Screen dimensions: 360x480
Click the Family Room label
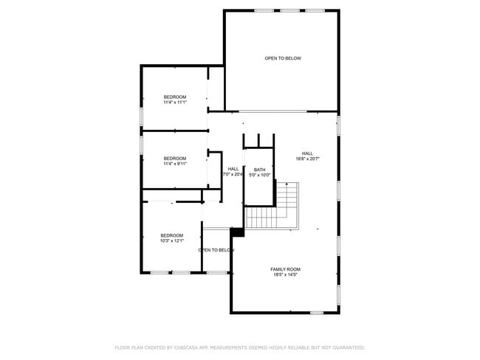tap(285, 269)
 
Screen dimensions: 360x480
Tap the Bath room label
tap(259, 170)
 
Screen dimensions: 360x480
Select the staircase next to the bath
tap(273, 210)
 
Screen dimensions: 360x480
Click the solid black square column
tap(237, 232)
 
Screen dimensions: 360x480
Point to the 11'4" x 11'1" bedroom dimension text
tap(175, 103)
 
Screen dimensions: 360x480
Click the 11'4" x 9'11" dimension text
tap(175, 164)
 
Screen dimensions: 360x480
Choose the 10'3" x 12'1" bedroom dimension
tap(171, 240)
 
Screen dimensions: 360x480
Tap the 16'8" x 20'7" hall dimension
tap(307, 159)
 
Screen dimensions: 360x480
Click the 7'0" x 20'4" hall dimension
tap(233, 175)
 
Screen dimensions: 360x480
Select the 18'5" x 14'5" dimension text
tap(285, 275)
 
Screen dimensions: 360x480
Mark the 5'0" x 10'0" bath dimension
tap(259, 175)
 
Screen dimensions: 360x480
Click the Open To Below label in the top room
tap(283, 58)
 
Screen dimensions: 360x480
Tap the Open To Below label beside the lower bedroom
tap(216, 250)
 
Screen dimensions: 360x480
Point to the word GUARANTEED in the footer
tap(347, 347)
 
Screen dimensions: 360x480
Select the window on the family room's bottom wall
tap(316, 313)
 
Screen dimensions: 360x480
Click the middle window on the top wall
tap(289, 10)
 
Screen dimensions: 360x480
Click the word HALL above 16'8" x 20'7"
tap(307, 153)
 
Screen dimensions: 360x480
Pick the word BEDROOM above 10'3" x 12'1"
tap(171, 235)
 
